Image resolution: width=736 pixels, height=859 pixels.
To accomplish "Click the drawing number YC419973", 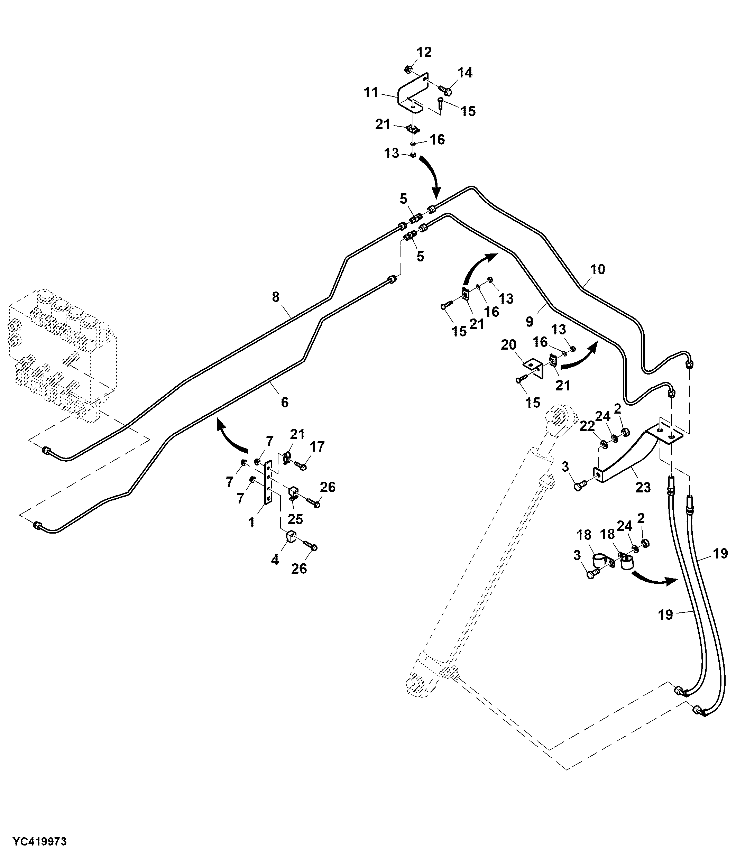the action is pyautogui.click(x=39, y=842).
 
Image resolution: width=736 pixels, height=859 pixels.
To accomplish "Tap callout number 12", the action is pyautogui.click(x=424, y=52).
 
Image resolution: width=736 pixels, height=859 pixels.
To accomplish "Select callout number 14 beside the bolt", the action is pyautogui.click(x=465, y=73).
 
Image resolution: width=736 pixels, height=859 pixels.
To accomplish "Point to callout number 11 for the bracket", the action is pyautogui.click(x=371, y=92).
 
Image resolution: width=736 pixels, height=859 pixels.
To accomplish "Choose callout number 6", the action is pyautogui.click(x=284, y=402).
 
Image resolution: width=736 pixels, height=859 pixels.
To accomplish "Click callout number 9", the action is pyautogui.click(x=529, y=321).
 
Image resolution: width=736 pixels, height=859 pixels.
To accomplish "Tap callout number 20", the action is pyautogui.click(x=509, y=344).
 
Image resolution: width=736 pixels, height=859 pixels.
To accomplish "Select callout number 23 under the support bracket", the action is pyautogui.click(x=643, y=487).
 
